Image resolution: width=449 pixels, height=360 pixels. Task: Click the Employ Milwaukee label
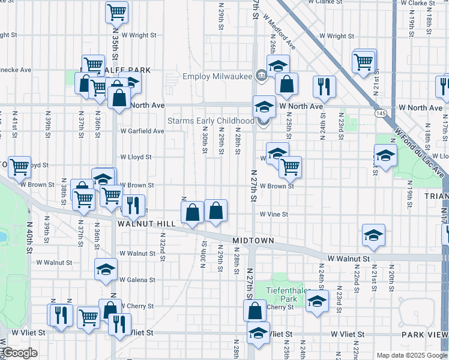[217, 76]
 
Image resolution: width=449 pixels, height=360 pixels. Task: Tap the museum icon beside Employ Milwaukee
[261, 76]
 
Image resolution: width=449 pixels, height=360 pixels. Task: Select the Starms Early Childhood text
[211, 121]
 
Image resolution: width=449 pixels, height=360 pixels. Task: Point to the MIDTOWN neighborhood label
[255, 241]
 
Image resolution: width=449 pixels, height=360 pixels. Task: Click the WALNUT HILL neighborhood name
[146, 223]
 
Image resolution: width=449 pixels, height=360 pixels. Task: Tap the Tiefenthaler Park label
[282, 294]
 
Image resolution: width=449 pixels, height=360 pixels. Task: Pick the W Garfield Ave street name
[142, 131]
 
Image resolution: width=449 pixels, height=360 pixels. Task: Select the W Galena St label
[137, 280]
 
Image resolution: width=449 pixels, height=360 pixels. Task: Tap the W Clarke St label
[418, 3]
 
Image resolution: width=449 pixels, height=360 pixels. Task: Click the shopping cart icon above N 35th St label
[116, 11]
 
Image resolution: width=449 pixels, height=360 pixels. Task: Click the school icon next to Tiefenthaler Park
[317, 302]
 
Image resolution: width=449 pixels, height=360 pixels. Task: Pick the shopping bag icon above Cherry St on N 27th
[255, 310]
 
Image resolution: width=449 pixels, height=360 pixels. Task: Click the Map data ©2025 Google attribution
[412, 355]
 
